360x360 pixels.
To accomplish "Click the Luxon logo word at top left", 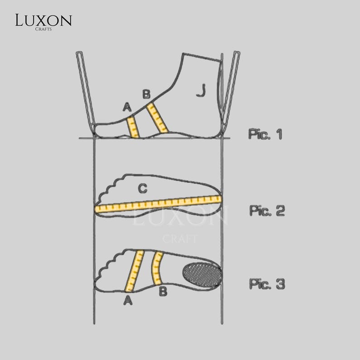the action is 44,20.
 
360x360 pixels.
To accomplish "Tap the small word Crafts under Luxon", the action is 44,29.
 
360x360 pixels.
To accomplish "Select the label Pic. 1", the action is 265,134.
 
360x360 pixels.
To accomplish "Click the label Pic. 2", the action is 267,210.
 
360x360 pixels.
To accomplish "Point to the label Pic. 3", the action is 267,284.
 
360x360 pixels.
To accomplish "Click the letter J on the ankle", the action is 201,91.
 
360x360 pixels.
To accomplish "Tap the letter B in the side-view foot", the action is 146,94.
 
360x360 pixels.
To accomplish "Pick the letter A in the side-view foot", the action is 127,107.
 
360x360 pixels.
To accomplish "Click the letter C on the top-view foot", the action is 142,189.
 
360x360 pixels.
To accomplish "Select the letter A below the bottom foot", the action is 128,300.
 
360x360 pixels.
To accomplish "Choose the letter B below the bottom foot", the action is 163,292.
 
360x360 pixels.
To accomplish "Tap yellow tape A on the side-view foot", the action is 133,127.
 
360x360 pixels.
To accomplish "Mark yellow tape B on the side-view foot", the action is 157,118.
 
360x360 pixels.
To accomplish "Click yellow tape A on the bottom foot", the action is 135,271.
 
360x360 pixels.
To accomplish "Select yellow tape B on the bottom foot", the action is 157,268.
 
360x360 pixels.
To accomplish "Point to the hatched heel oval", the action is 202,274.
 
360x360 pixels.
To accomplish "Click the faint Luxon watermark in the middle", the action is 180,216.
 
